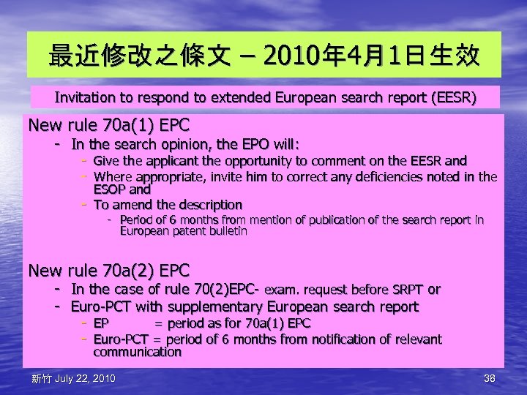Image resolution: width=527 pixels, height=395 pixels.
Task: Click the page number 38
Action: point(490,378)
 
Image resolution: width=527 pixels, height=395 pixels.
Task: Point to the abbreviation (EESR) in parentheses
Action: point(455,97)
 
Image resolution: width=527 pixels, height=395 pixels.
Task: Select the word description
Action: point(206,204)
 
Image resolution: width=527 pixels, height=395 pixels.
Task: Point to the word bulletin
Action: point(228,231)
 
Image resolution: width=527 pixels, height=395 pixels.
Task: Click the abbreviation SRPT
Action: point(406,290)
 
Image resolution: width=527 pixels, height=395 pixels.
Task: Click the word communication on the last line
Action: point(138,352)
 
